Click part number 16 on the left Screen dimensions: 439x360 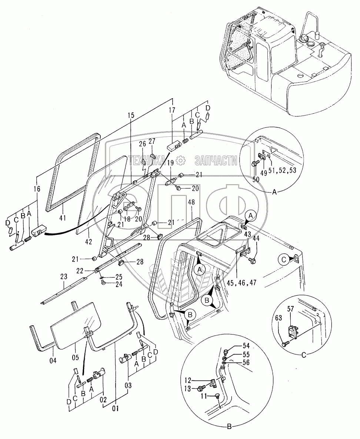[x=36, y=189]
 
